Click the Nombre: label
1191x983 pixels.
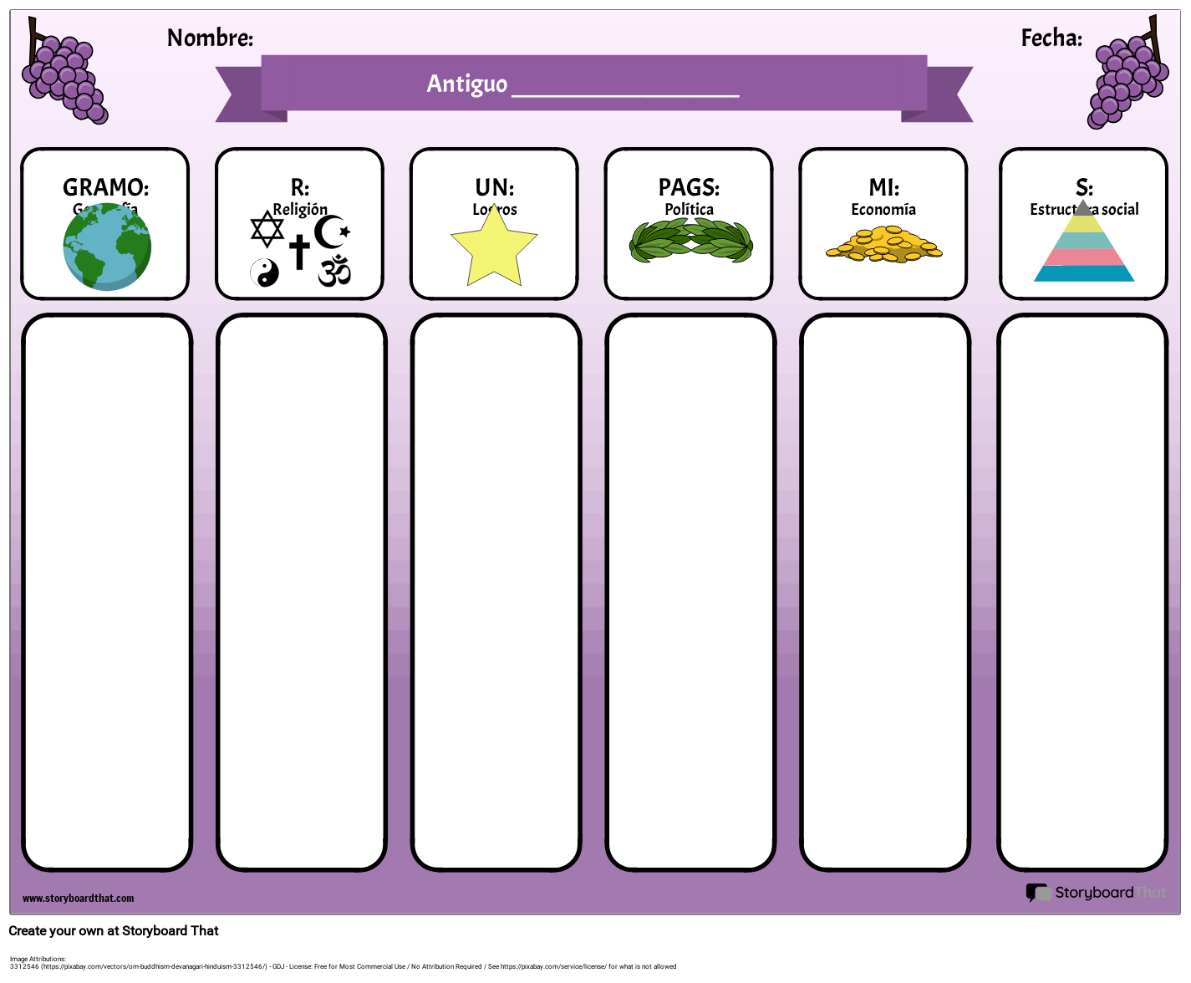pyautogui.click(x=210, y=38)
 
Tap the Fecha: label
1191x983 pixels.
pyautogui.click(x=1051, y=38)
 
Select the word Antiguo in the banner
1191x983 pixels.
pyautogui.click(x=466, y=84)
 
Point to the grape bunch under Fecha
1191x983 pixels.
pyautogui.click(x=1126, y=79)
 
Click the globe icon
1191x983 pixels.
pyautogui.click(x=107, y=247)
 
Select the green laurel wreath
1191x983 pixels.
pyautogui.click(x=690, y=242)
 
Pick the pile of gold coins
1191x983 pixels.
pyautogui.click(x=883, y=246)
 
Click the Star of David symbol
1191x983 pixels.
pyautogui.click(x=267, y=229)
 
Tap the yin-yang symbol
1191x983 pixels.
pyautogui.click(x=265, y=272)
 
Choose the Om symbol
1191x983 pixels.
pyautogui.click(x=334, y=271)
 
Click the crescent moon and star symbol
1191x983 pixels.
pyautogui.click(x=333, y=232)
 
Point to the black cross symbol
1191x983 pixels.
pyautogui.click(x=299, y=252)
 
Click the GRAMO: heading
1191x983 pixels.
pyautogui.click(x=106, y=187)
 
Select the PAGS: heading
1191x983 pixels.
pyautogui.click(x=689, y=187)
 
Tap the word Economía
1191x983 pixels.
pyautogui.click(x=883, y=210)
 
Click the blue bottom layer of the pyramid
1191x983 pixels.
pyautogui.click(x=1084, y=273)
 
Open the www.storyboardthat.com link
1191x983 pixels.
pyautogui.click(x=78, y=899)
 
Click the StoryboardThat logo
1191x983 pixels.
pyautogui.click(x=1096, y=893)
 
